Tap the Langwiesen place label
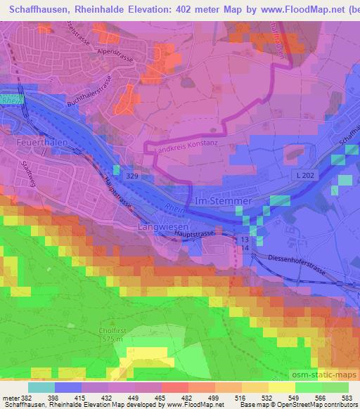coord(163,227)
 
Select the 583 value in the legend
coord(348,398)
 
